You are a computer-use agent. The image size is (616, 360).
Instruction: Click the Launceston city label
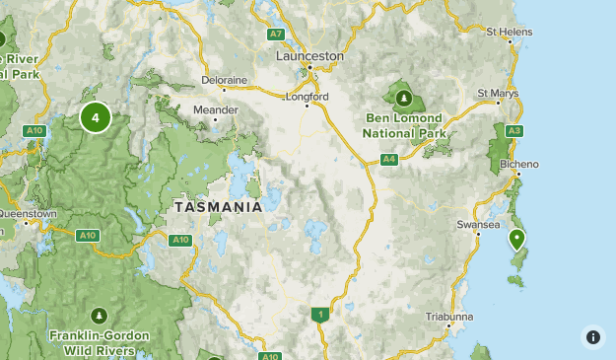(309, 56)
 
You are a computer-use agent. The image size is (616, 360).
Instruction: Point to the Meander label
(216, 109)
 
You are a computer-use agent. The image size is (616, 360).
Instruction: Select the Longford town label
(307, 97)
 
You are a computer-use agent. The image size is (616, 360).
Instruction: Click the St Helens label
(510, 32)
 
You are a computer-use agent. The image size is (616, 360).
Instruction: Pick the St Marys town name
(497, 93)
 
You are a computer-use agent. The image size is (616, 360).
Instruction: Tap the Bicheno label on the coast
(519, 163)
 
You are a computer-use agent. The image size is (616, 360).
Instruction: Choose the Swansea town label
(479, 224)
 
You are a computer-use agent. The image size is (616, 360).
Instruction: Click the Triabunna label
(449, 316)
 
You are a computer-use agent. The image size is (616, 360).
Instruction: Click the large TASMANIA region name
(218, 207)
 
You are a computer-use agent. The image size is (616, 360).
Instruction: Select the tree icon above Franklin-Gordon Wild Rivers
(100, 316)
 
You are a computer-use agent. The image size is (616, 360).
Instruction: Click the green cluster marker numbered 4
(96, 118)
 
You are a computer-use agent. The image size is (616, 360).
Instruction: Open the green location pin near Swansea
(516, 239)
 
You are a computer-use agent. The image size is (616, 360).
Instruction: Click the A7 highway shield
(276, 35)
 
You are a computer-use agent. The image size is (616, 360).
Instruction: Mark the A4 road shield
(389, 159)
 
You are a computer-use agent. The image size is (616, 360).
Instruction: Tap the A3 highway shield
(513, 130)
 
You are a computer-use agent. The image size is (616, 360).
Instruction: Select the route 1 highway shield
(319, 315)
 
